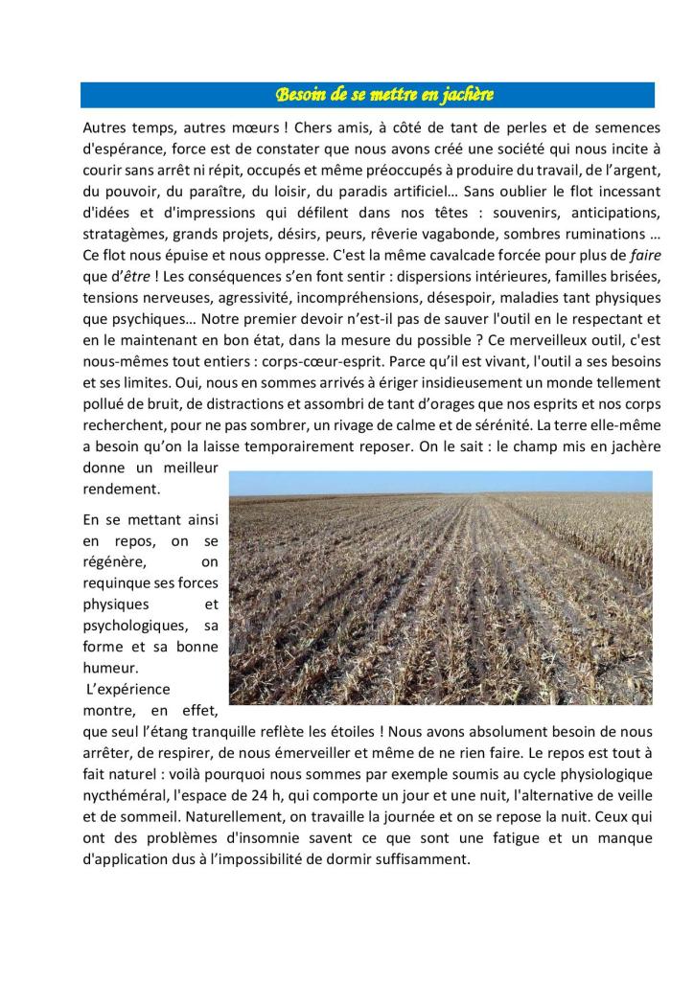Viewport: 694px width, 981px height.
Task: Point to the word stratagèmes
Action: pos(122,234)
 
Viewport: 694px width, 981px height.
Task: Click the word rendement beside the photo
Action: pos(121,489)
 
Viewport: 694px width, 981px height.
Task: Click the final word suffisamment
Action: pos(424,859)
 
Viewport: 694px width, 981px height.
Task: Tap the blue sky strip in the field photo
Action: pos(441,481)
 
